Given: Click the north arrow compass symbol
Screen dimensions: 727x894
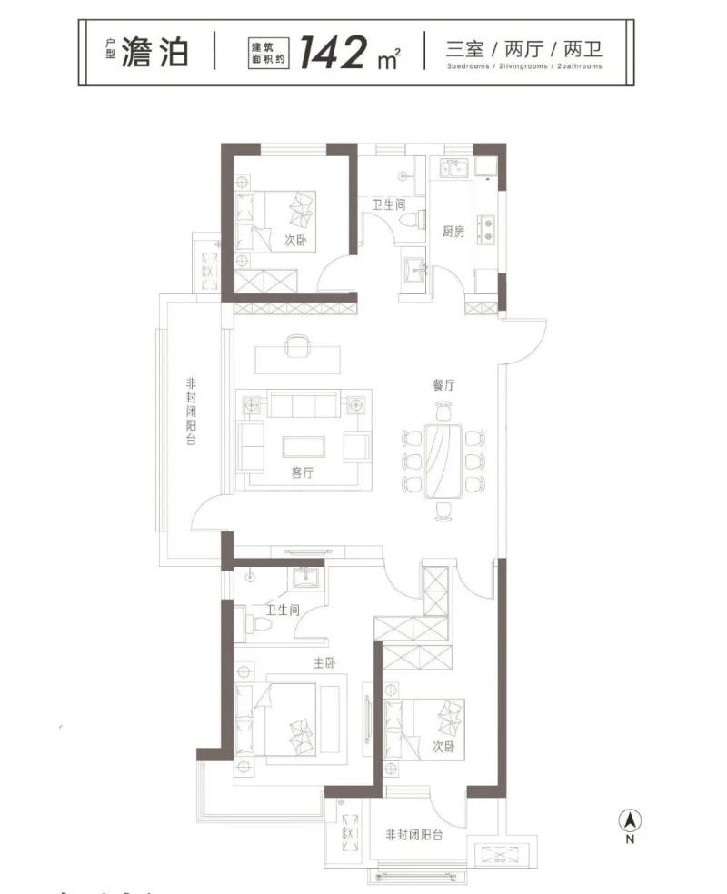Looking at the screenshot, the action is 630,821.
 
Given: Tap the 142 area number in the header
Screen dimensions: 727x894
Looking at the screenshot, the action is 334,52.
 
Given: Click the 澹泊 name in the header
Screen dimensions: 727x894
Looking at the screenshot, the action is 154,52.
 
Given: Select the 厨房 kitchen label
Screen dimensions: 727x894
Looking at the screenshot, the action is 453,232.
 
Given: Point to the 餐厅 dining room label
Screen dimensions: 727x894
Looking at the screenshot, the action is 443,385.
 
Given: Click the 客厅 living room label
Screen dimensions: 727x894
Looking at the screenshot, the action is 303,472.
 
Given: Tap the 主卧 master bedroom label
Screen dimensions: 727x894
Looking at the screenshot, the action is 324,662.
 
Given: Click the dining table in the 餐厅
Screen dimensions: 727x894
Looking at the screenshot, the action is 443,461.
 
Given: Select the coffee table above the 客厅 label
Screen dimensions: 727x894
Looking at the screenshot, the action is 304,447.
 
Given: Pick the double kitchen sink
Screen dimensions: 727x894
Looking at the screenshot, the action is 453,168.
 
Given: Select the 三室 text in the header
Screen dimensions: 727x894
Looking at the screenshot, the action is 464,50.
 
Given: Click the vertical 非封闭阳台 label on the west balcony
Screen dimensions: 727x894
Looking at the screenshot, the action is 191,411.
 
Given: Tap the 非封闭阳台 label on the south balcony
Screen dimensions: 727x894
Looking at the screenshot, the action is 414,835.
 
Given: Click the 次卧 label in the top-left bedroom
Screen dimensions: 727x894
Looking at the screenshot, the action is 295,240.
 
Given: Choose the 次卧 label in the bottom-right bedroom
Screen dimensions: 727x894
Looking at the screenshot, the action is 443,746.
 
